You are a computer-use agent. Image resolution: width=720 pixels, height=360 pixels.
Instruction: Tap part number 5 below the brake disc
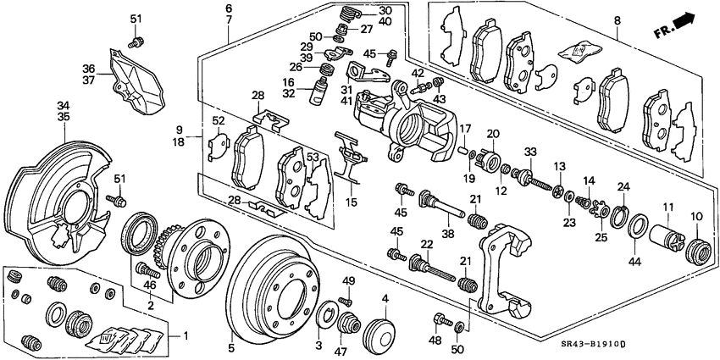[x=230, y=346]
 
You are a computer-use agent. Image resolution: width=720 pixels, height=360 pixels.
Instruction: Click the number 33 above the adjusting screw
[x=531, y=152]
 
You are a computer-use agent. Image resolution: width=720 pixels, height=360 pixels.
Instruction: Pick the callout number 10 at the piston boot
[x=695, y=217]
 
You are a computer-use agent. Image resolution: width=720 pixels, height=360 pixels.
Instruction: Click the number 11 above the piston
[x=668, y=206]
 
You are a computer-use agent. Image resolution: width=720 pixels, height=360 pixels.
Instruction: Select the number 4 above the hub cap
[x=385, y=298]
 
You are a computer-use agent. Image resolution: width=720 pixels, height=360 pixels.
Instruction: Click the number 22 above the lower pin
[x=427, y=244]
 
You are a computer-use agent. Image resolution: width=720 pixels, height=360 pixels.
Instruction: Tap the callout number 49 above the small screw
[x=346, y=281]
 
